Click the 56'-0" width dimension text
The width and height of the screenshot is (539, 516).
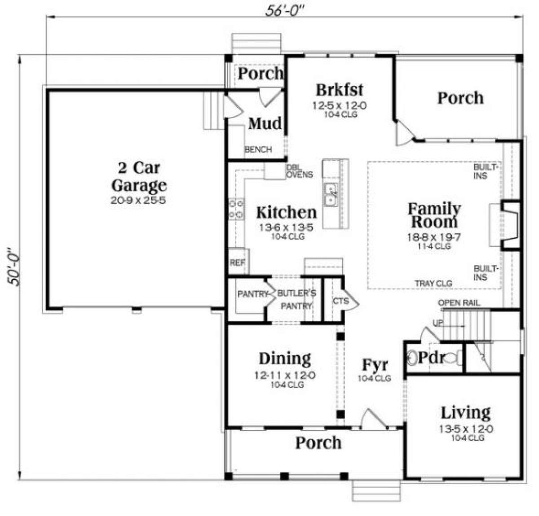pos(285,11)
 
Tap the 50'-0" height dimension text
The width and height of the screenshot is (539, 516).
pos(13,267)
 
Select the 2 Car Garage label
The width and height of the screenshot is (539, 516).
pos(139,176)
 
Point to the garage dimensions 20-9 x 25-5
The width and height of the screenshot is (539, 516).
pos(138,200)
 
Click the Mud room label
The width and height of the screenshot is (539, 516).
pos(265,123)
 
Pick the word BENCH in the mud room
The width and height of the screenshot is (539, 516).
pos(258,149)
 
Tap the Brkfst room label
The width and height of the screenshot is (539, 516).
pos(340,90)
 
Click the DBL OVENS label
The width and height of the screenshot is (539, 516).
pos(300,171)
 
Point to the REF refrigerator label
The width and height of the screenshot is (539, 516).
pos(237,262)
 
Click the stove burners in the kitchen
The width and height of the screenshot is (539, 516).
pos(236,209)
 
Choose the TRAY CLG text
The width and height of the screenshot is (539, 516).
pos(433,283)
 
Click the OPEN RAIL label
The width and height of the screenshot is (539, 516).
pos(459,303)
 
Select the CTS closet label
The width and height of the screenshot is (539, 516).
pos(340,301)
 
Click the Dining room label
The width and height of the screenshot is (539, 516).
pos(285,359)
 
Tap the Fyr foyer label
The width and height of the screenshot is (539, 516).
pos(375,364)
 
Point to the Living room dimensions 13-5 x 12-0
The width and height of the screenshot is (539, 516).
pos(466,429)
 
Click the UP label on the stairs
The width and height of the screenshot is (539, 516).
pos(438,323)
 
